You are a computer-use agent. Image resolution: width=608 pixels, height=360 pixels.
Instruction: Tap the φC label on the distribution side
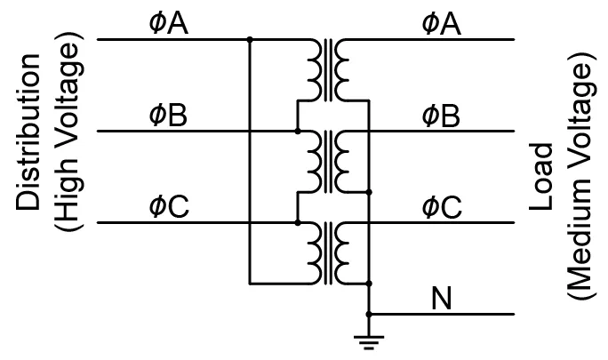tap(168, 207)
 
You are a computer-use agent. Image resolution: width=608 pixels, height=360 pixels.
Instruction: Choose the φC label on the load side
tap(442, 207)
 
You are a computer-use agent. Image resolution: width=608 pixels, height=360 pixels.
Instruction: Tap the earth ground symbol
tap(369, 338)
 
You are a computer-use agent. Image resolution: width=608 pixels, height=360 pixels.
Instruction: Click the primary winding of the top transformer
tap(314, 70)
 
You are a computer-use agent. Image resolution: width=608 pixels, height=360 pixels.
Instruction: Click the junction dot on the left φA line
tap(250, 40)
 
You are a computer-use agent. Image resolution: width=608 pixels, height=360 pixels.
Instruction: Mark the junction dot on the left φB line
tap(298, 132)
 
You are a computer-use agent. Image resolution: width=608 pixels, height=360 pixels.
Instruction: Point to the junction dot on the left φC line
tap(298, 222)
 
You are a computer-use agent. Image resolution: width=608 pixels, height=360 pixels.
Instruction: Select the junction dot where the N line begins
tap(369, 315)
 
